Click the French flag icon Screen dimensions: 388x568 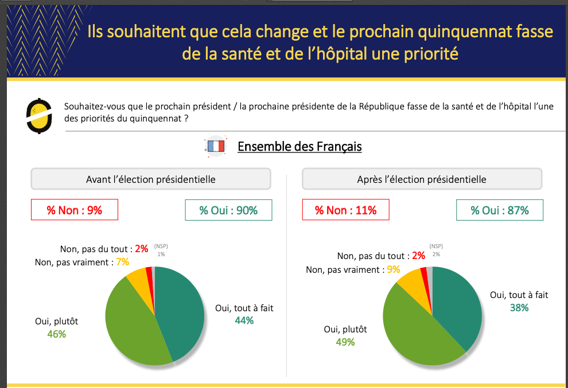tap(215, 147)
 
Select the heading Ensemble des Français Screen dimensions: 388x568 tap(299, 147)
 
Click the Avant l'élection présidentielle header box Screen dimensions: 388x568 tap(150, 179)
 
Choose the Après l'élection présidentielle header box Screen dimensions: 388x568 tap(422, 179)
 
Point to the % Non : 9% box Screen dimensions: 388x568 tap(74, 210)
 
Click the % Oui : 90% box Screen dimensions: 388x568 tap(228, 210)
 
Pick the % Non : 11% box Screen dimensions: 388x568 tap(345, 210)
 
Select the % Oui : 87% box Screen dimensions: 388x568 tap(500, 210)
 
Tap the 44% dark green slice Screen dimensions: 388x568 tap(181, 312)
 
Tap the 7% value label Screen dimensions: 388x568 tap(122, 262)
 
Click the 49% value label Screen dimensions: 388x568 tap(345, 342)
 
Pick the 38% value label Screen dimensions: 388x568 tap(519, 308)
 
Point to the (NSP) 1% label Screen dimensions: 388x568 tap(161, 250)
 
